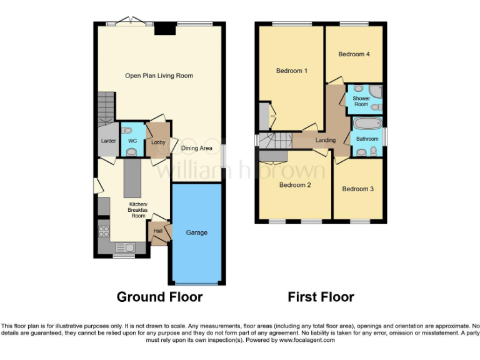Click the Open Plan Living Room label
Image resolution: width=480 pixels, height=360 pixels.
pos(159,76)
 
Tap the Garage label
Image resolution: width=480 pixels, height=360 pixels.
pos(196,232)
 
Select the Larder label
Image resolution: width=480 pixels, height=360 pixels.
pos(108,141)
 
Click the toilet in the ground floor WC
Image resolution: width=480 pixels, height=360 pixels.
pos(131,151)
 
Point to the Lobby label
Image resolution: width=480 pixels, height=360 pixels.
pos(157,142)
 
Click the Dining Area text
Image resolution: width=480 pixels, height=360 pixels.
pos(197,148)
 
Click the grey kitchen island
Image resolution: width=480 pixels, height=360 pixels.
pos(131,177)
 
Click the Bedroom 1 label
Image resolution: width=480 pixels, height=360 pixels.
pos(292,71)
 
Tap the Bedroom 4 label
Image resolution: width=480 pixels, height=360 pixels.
pos(354,54)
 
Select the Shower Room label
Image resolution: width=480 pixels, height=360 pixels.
pos(361,101)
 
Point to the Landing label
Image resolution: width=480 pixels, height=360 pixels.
pos(325,140)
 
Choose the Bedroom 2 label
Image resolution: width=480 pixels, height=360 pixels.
pos(295,185)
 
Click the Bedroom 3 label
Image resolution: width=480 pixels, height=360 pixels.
pos(358,188)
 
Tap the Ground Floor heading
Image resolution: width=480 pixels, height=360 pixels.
pos(159,297)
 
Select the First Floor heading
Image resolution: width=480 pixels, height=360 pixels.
pos(321,297)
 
